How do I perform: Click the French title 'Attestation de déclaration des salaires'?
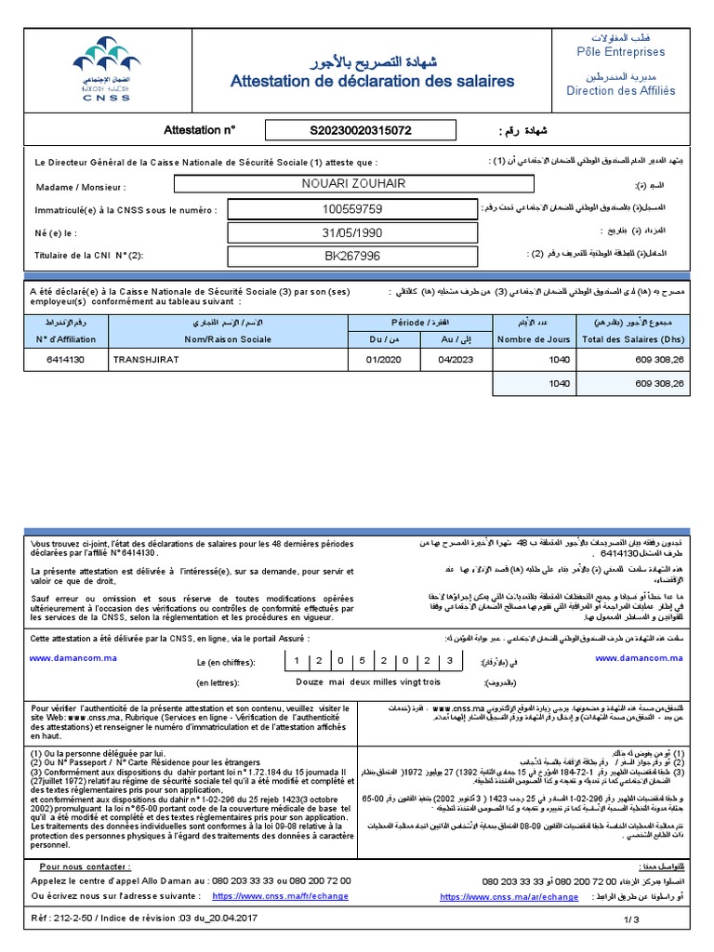372,82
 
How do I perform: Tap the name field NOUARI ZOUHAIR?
354,183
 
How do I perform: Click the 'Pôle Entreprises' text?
621,52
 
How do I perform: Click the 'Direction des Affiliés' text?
621,91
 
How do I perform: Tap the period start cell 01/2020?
382,358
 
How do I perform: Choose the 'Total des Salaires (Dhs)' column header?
632,339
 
